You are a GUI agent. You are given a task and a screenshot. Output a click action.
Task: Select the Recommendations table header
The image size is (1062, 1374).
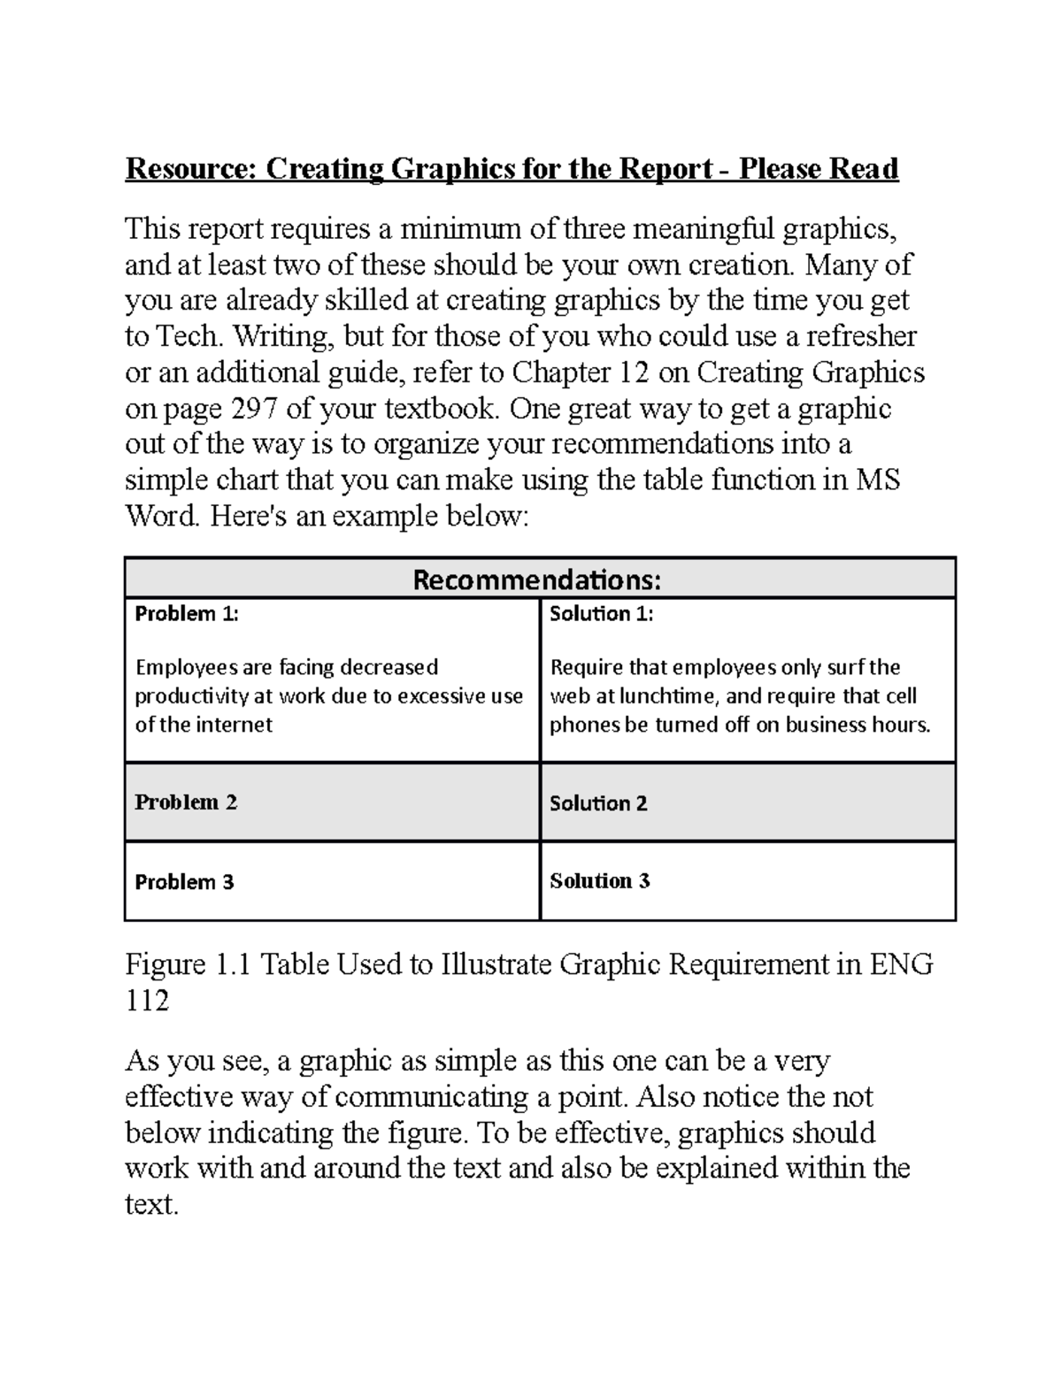click(x=537, y=580)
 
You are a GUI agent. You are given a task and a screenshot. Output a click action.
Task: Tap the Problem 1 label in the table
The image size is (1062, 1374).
click(x=186, y=614)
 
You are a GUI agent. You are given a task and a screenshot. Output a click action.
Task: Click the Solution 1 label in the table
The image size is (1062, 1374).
click(x=601, y=614)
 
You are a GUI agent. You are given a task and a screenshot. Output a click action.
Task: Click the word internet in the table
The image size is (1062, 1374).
click(x=234, y=725)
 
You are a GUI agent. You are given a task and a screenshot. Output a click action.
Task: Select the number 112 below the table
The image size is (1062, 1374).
click(x=147, y=1001)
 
